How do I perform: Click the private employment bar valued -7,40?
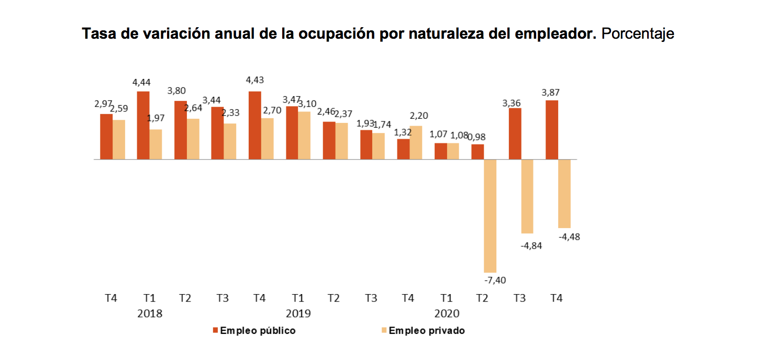pos(491,216)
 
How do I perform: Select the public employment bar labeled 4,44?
pos(143,125)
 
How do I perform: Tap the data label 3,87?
pos(551,93)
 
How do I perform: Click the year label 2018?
pos(150,314)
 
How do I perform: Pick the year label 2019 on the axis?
pos(298,314)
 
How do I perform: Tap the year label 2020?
pos(447,314)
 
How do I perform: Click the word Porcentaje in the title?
pos(638,35)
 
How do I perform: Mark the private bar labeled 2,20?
pos(416,142)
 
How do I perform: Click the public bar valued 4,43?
pos(254,125)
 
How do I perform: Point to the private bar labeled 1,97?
pos(156,144)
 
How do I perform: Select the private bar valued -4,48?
pos(564,193)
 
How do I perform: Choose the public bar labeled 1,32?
pos(403,149)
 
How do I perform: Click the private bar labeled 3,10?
pos(304,135)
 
